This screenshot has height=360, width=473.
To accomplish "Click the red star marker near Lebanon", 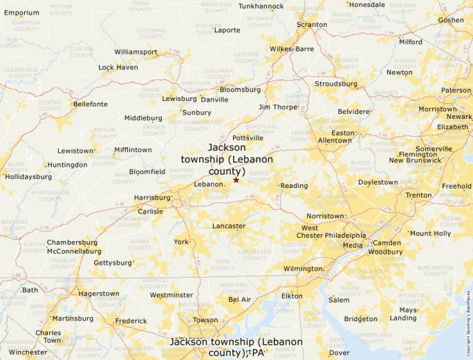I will point(236,180).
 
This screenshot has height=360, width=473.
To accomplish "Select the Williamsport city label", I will point(136,52).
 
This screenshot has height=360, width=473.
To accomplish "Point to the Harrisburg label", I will point(152,198).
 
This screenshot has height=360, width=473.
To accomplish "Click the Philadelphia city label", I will point(346,236).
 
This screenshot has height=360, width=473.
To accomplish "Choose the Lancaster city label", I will point(228,226).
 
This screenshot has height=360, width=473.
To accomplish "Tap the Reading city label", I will point(294,186).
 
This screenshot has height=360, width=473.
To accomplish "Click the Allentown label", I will point(335,140).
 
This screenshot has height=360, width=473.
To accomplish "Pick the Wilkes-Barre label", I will point(292,49).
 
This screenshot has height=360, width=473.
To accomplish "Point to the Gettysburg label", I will point(112,263).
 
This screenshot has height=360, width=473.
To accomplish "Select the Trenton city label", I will point(418,196).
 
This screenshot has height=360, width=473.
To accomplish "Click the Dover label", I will point(339,352).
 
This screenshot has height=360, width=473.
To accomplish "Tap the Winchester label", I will point(28,352).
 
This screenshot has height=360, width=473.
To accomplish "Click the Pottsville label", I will point(248,138).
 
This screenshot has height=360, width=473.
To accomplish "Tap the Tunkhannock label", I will point(261,6).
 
